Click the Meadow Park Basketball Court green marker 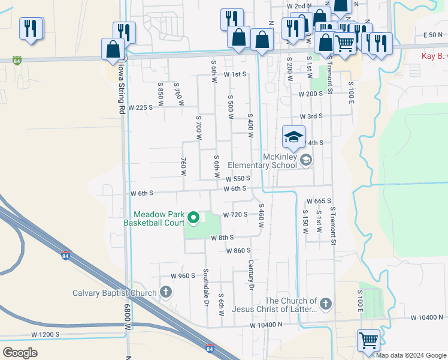193,217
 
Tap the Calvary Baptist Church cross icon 166,293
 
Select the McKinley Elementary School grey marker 306,160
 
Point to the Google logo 20,352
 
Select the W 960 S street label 183,276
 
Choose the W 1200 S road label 46,334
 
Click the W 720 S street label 235,214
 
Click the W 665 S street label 319,202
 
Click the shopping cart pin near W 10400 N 368,340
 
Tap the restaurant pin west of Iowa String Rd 31,28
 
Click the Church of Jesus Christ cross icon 325,304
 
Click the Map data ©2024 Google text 411,355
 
